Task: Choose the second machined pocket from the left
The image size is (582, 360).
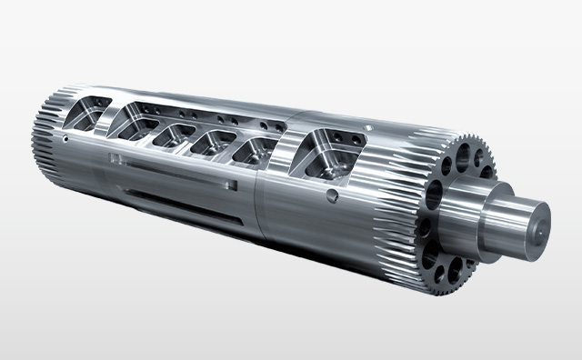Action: (129, 123)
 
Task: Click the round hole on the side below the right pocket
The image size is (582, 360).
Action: (334, 194)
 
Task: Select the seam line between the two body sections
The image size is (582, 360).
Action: (257, 195)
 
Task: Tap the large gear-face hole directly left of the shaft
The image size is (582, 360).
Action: (435, 191)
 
